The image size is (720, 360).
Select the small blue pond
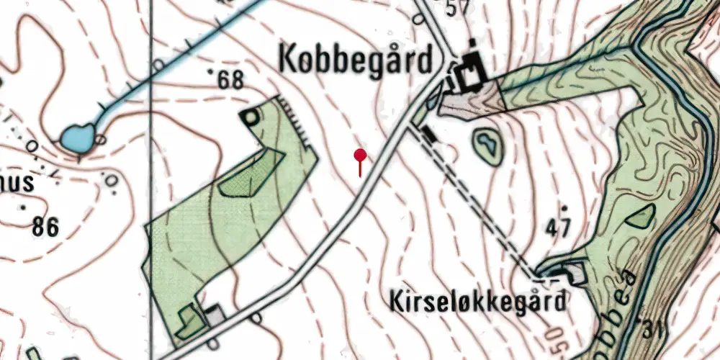(x=77, y=137)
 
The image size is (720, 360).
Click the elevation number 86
(x=45, y=228)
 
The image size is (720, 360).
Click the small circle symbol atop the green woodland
(x=251, y=116)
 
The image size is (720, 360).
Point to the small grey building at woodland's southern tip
(x=213, y=314)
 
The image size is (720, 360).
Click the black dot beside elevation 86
(x=26, y=208)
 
